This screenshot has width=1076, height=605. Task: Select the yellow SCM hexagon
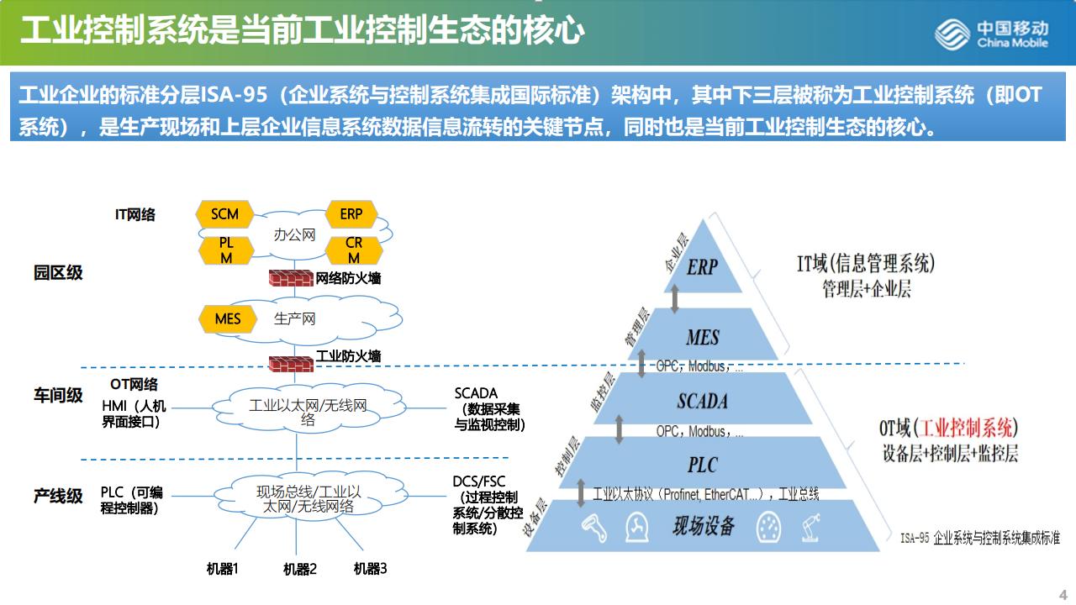click(x=224, y=214)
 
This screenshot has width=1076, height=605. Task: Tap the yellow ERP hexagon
click(x=351, y=214)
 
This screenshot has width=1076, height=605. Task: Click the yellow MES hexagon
click(x=228, y=319)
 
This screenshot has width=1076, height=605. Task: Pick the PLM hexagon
click(x=226, y=250)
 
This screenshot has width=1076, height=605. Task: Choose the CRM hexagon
click(x=354, y=250)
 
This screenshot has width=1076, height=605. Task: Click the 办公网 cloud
click(x=294, y=235)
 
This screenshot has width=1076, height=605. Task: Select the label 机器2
click(x=300, y=570)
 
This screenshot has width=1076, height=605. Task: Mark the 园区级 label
click(x=58, y=273)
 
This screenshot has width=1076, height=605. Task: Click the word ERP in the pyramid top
click(x=702, y=267)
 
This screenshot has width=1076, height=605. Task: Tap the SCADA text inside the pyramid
click(x=703, y=401)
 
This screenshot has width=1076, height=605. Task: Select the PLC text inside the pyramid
click(x=703, y=465)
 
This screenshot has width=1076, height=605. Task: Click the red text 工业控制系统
click(x=967, y=428)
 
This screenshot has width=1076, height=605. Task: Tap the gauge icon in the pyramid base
click(x=768, y=528)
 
